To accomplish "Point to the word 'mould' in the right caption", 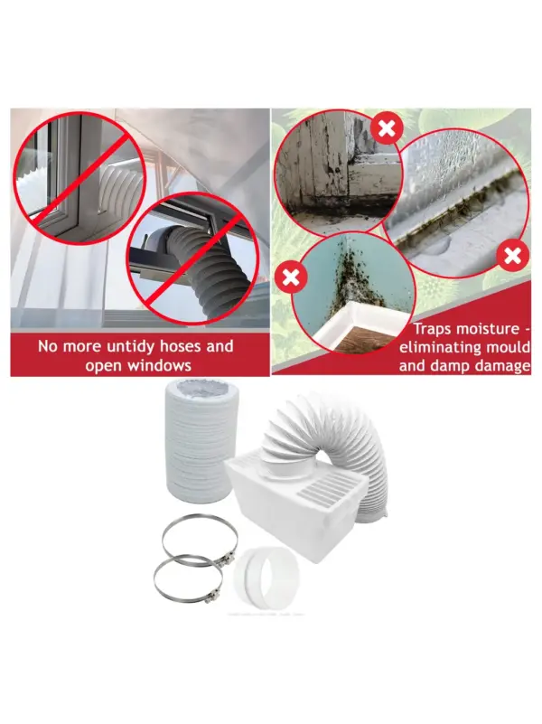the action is pyautogui.click(x=507, y=347).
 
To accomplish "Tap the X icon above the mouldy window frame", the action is pyautogui.click(x=387, y=129).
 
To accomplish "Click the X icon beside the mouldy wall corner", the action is pyautogui.click(x=290, y=277).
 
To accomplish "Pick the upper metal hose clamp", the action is pyautogui.click(x=200, y=541).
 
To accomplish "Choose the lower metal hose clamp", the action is pyautogui.click(x=188, y=580).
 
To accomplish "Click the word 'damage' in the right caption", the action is pyautogui.click(x=504, y=366).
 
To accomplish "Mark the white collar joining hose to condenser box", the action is pyautogui.click(x=285, y=469).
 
